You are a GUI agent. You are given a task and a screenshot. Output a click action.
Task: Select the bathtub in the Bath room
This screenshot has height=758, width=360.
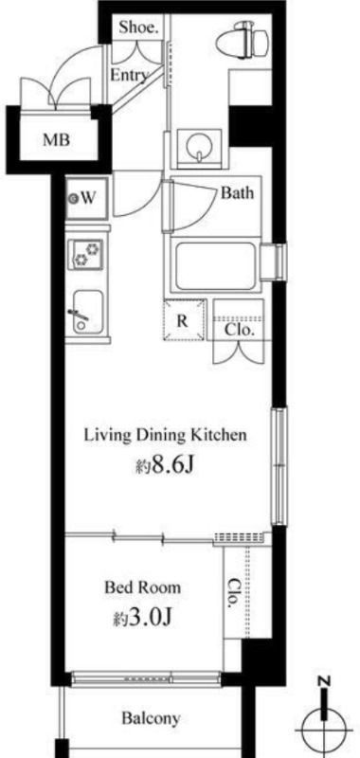pos(215,267)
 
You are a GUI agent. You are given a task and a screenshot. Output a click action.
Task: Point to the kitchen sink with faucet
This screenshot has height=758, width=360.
pos(87,312)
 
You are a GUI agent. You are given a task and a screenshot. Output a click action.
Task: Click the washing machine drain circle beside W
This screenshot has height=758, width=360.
pos(74,198)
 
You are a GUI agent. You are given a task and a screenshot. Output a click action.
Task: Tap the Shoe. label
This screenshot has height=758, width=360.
pos(138,28)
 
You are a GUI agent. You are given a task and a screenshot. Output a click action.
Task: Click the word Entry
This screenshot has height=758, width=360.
pos(128,75)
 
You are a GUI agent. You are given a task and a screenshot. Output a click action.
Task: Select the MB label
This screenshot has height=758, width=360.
pos(57,140)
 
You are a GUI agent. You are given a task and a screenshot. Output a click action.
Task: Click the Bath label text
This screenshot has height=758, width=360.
pos(237,193)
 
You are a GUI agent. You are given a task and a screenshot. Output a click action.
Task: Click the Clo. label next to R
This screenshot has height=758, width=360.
pos(239,332)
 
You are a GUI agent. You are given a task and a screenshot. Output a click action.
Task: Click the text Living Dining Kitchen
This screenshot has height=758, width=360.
pos(166,435)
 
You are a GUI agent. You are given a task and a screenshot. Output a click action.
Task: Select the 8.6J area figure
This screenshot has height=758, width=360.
pos(166,467)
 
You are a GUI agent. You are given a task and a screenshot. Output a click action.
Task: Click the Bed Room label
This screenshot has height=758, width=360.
pos(143,587)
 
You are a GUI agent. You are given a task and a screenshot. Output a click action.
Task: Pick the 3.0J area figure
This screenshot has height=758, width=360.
pos(143,618)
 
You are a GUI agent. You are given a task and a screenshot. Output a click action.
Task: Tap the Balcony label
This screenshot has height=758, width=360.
pos(151,718)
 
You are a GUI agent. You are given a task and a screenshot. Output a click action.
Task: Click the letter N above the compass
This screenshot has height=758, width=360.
pos(325,682)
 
